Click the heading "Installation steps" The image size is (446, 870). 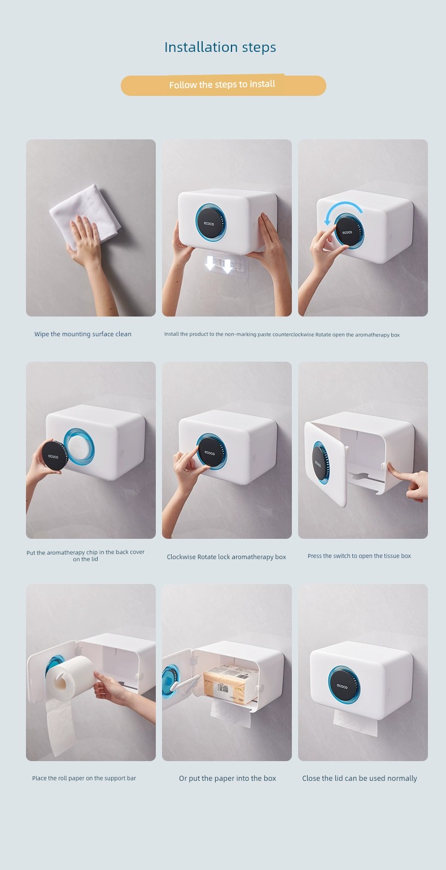220,47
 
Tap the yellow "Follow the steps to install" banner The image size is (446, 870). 224,85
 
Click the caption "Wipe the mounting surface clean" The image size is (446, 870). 83,334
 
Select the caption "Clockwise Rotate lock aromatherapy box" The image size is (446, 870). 226,557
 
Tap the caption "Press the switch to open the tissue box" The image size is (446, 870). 360,556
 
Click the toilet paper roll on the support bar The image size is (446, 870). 70,678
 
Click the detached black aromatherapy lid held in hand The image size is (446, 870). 54,455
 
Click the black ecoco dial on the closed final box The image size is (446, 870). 343,686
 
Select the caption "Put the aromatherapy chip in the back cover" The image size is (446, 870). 85,552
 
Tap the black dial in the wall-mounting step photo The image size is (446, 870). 210,223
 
